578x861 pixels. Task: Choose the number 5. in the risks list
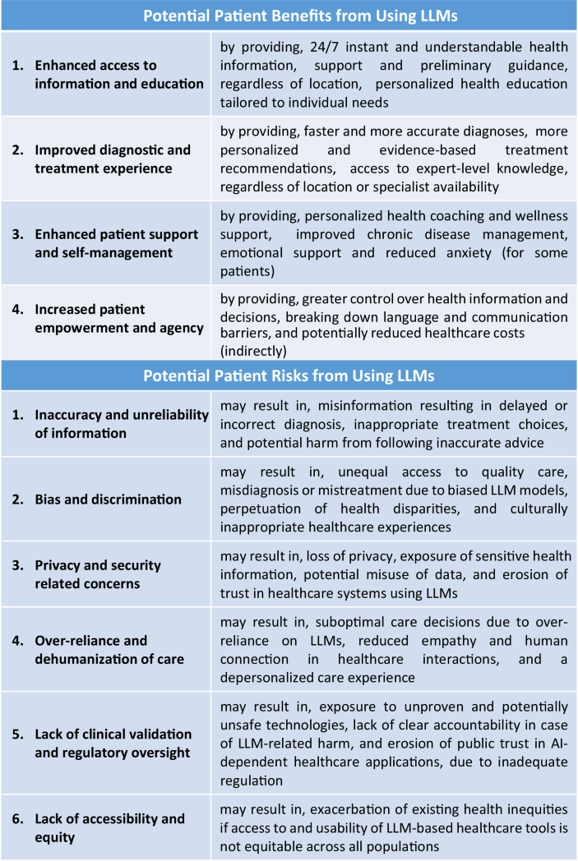[x=18, y=734]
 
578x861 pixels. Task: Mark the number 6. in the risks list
[x=18, y=819]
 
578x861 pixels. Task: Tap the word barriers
[x=246, y=332]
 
